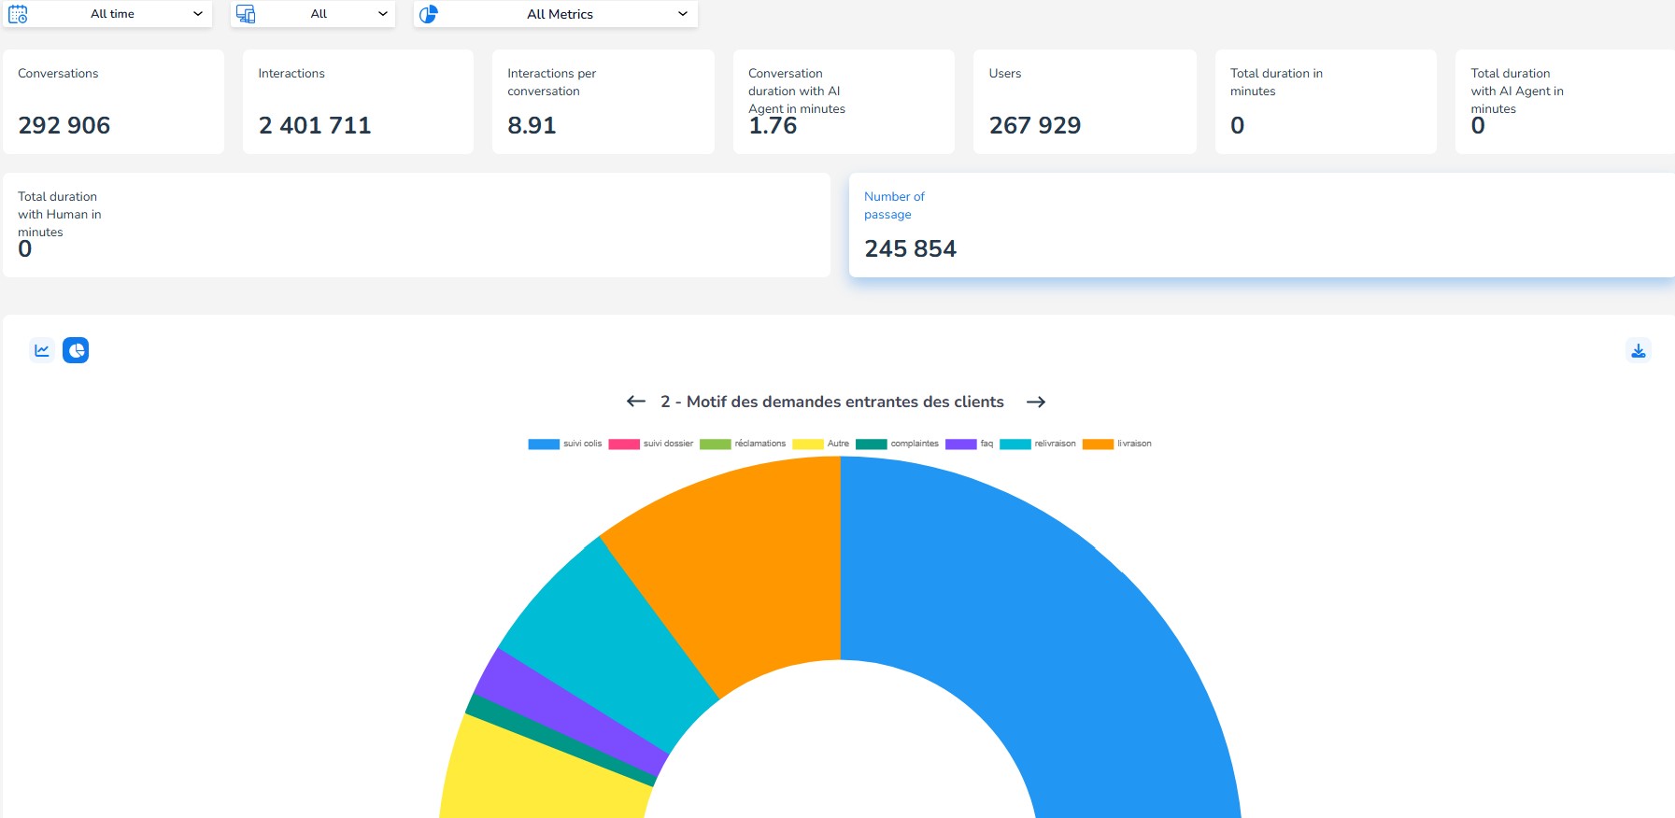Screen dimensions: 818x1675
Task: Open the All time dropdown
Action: [x=112, y=14]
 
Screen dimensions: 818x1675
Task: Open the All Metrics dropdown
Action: [x=560, y=14]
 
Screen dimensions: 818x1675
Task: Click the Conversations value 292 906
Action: [x=64, y=125]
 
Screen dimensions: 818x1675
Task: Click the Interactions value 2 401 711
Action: [x=315, y=125]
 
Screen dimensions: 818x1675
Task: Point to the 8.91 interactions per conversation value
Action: [x=532, y=125]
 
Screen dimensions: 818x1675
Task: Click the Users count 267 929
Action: [x=1034, y=125]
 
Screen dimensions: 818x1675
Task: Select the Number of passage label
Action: [x=894, y=205]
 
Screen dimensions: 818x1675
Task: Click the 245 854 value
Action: [x=910, y=248]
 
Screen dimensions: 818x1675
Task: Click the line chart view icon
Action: [x=42, y=350]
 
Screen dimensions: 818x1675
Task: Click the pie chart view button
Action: [x=76, y=350]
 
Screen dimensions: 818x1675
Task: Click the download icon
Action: [x=1638, y=350]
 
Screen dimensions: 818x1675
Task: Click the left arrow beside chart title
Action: [x=636, y=402]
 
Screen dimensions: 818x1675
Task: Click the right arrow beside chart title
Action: [x=1035, y=402]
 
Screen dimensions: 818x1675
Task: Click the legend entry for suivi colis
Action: [x=566, y=444]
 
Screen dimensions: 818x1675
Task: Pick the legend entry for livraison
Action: [x=1117, y=444]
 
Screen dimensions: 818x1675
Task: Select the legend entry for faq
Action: [x=970, y=444]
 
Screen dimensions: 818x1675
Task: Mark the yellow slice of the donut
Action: [x=542, y=775]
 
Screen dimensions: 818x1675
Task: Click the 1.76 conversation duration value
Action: [x=773, y=126]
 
